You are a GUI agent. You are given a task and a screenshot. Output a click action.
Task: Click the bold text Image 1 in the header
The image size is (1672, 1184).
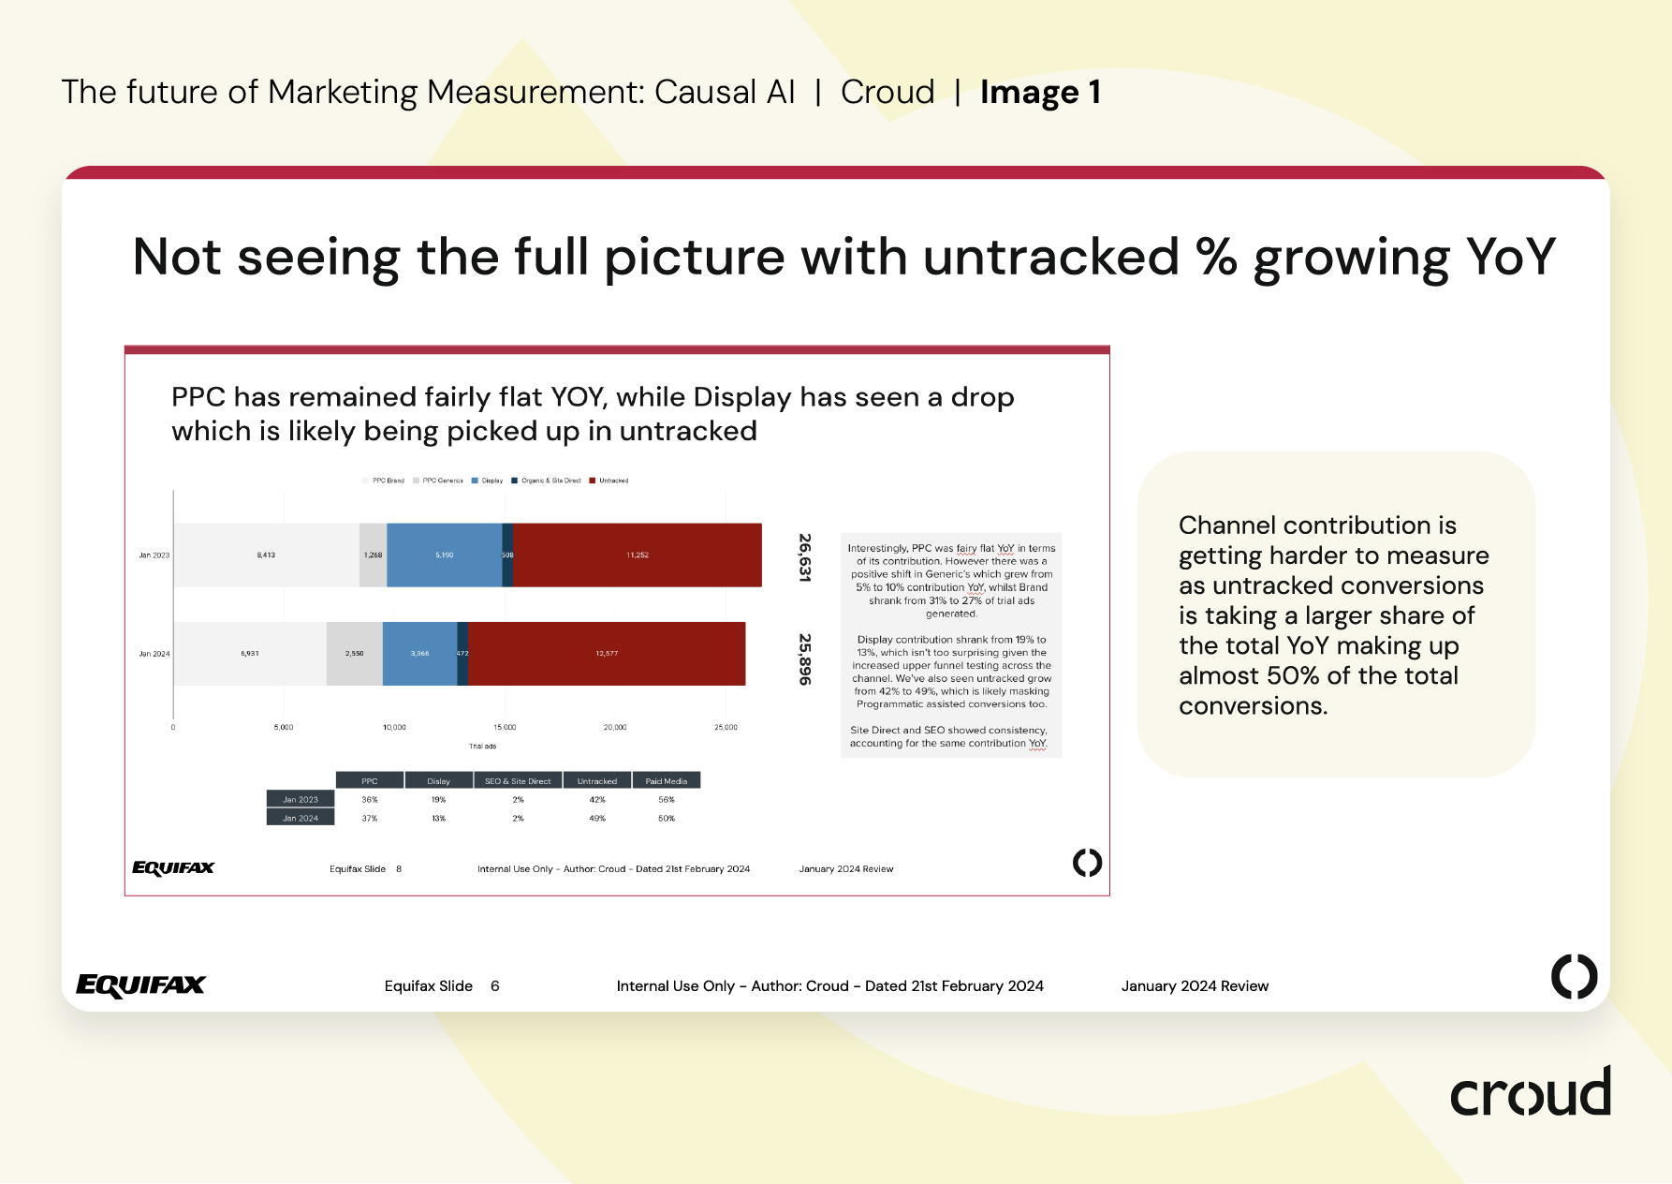pyautogui.click(x=1040, y=93)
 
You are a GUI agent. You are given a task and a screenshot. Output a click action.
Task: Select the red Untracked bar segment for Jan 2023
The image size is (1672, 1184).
pyautogui.click(x=637, y=555)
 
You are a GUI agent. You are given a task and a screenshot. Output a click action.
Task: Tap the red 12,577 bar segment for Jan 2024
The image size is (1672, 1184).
pyautogui.click(x=607, y=653)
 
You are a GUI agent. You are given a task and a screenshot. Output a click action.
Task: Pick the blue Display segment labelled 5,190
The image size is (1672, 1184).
pyautogui.click(x=444, y=555)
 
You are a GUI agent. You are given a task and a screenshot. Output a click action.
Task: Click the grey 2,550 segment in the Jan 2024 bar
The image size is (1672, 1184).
pyautogui.click(x=354, y=653)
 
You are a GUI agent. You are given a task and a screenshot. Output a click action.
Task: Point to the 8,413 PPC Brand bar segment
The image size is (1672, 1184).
pyautogui.click(x=266, y=555)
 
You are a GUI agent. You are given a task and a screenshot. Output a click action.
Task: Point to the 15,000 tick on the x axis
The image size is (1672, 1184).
pyautogui.click(x=505, y=727)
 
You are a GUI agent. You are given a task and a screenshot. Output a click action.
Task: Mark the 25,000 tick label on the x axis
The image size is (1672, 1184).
pyautogui.click(x=726, y=727)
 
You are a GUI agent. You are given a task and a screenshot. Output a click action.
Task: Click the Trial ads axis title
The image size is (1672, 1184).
pyautogui.click(x=482, y=747)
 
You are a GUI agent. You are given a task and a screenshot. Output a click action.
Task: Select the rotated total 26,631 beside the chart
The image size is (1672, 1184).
pyautogui.click(x=804, y=557)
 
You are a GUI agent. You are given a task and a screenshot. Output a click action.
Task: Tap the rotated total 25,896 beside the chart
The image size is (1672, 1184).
pyautogui.click(x=804, y=659)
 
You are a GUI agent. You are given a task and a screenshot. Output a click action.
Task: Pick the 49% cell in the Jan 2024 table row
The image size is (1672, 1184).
pyautogui.click(x=597, y=819)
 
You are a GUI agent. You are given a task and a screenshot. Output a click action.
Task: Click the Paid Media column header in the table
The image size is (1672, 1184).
pyautogui.click(x=667, y=781)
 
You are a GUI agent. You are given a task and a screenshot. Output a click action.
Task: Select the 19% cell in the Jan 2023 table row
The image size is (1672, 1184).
pyautogui.click(x=438, y=800)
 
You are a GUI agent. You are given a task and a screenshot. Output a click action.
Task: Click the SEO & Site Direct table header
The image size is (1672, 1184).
pyautogui.click(x=518, y=781)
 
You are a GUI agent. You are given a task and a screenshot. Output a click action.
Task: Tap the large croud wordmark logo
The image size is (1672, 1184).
pyautogui.click(x=1530, y=1093)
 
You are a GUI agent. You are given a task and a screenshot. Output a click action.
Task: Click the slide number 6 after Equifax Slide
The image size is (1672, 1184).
pyautogui.click(x=494, y=986)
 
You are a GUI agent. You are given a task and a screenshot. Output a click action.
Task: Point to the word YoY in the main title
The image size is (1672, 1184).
pyautogui.click(x=1510, y=257)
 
